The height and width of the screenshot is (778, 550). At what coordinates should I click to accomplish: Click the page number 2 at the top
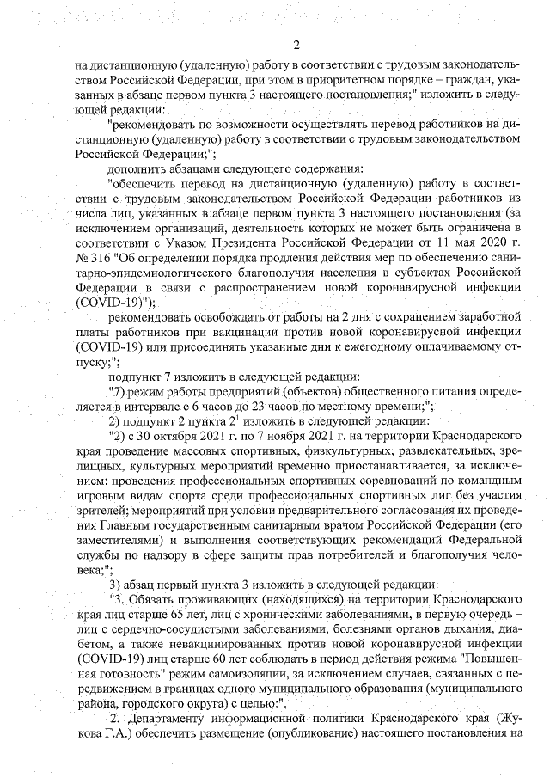(x=295, y=45)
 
